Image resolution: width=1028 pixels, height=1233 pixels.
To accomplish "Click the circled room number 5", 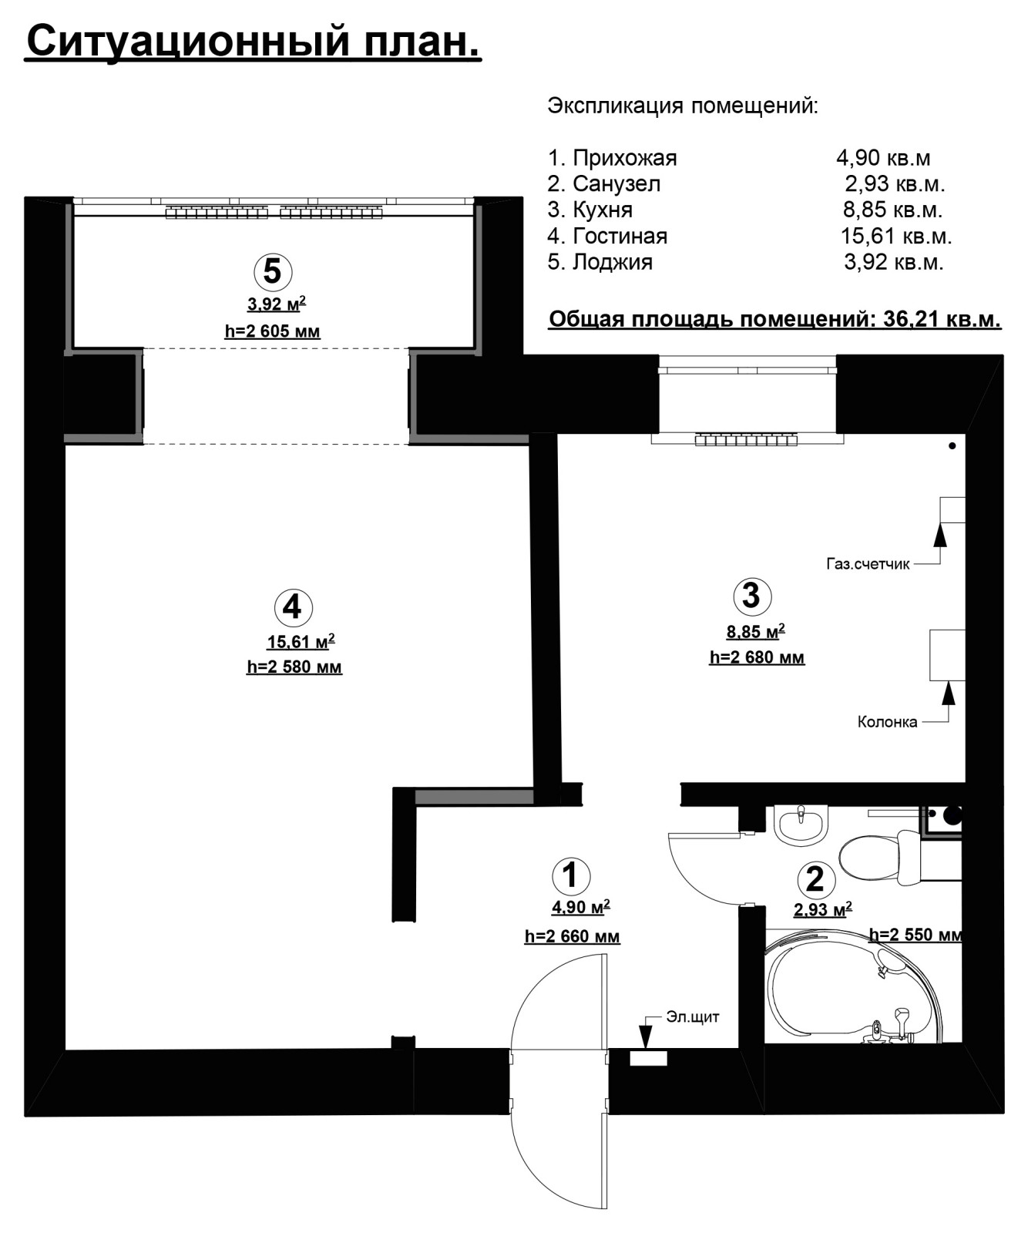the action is (x=273, y=271).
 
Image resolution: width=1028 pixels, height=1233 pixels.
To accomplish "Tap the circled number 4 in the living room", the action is (x=293, y=607).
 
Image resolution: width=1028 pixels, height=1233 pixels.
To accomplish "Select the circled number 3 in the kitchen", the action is (x=751, y=595).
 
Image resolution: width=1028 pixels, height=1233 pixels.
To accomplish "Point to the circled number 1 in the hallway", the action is (x=571, y=875).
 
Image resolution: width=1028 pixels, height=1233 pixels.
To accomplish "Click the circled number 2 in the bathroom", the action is (x=815, y=879).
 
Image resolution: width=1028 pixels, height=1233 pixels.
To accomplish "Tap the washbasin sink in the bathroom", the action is (x=801, y=825).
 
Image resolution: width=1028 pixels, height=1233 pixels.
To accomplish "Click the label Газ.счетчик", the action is (x=868, y=564).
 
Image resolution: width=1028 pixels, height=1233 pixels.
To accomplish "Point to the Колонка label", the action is (x=888, y=722).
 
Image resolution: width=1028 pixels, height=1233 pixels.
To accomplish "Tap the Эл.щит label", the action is (x=694, y=1017).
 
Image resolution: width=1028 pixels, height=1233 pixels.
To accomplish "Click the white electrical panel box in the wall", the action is (x=649, y=1058).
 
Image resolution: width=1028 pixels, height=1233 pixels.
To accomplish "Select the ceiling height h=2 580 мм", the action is (x=294, y=667).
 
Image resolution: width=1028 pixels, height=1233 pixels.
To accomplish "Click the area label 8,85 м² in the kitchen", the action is (x=755, y=632).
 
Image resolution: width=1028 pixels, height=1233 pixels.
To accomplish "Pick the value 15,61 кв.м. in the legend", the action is (x=896, y=236).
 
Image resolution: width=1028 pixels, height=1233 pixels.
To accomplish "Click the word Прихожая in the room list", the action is (x=625, y=158).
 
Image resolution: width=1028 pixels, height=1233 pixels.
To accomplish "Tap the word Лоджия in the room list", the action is (x=613, y=262).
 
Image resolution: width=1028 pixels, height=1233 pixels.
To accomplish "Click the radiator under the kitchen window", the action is (x=746, y=441).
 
